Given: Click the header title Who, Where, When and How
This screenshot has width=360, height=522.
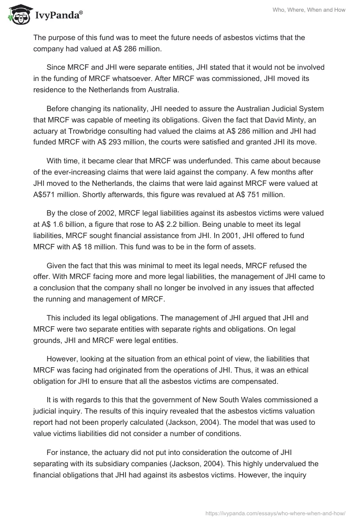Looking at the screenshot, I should tap(309, 10).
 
